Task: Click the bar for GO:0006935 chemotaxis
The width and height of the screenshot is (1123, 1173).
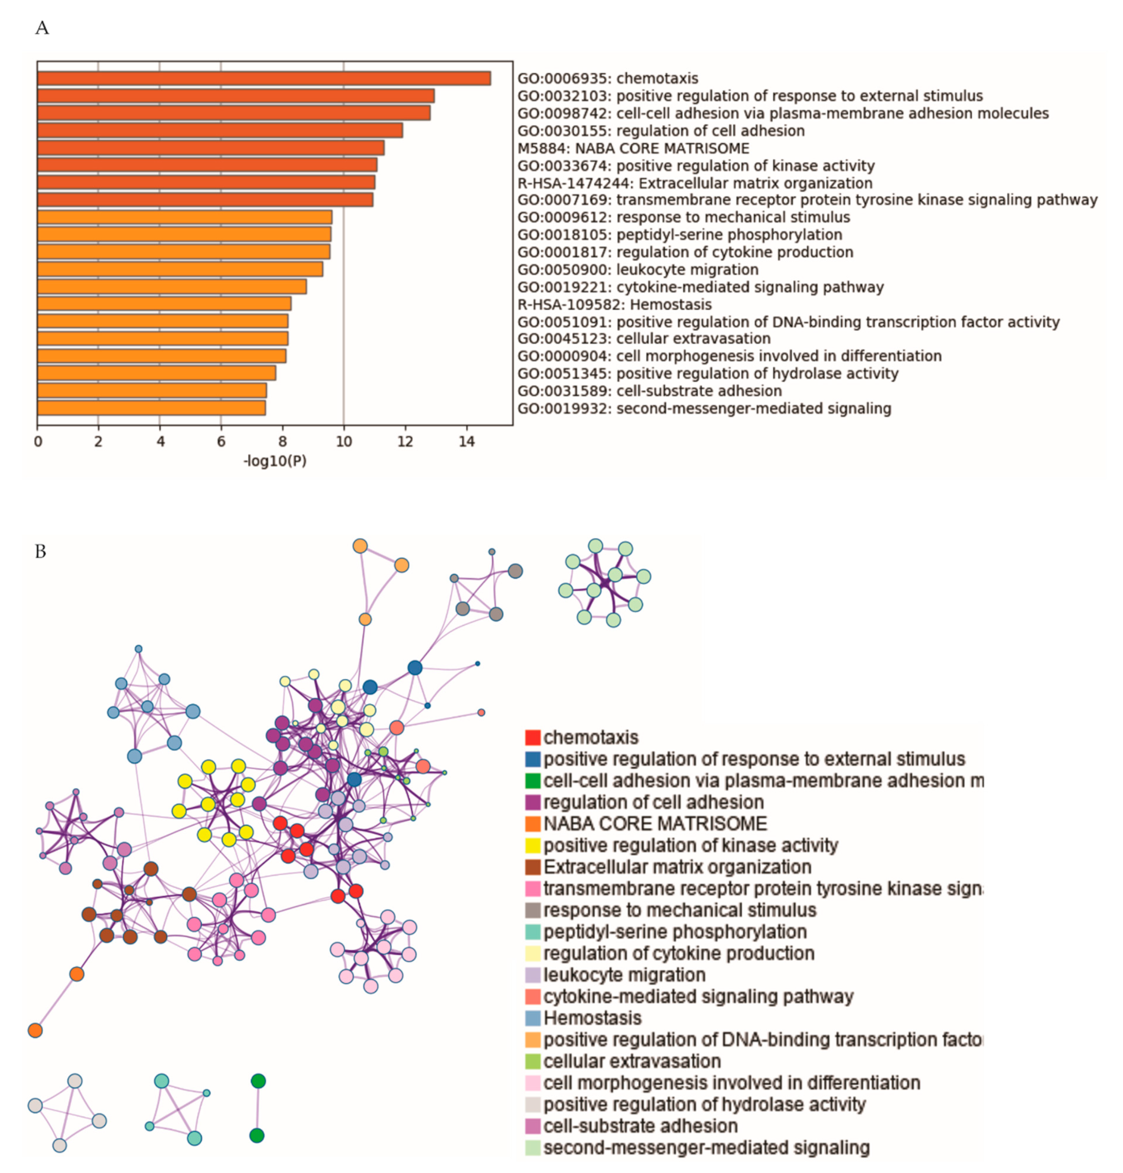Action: click(x=263, y=78)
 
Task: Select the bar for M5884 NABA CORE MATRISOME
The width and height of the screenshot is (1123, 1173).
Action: click(x=211, y=148)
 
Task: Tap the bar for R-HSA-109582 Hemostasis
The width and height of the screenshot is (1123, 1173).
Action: click(x=164, y=303)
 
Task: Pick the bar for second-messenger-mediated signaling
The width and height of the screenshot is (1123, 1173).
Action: click(x=151, y=408)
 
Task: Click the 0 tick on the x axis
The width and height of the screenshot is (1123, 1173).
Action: click(x=38, y=442)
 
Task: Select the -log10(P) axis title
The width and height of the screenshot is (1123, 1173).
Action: click(x=275, y=461)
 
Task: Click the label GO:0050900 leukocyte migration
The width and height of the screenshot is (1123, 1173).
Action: click(x=638, y=269)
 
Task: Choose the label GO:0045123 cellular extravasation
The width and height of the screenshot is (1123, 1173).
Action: click(x=644, y=339)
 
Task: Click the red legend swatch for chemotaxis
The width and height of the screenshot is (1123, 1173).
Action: click(x=533, y=737)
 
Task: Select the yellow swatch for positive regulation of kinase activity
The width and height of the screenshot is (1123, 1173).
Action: click(x=533, y=846)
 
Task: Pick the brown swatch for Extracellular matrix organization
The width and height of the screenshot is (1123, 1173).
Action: click(x=533, y=867)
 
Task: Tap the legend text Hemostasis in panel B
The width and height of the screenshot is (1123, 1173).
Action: click(x=592, y=1018)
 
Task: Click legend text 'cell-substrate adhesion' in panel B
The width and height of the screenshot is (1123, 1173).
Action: click(x=640, y=1126)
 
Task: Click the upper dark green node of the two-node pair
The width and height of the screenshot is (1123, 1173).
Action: click(x=258, y=1081)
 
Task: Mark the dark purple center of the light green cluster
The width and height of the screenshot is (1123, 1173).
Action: click(x=605, y=583)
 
